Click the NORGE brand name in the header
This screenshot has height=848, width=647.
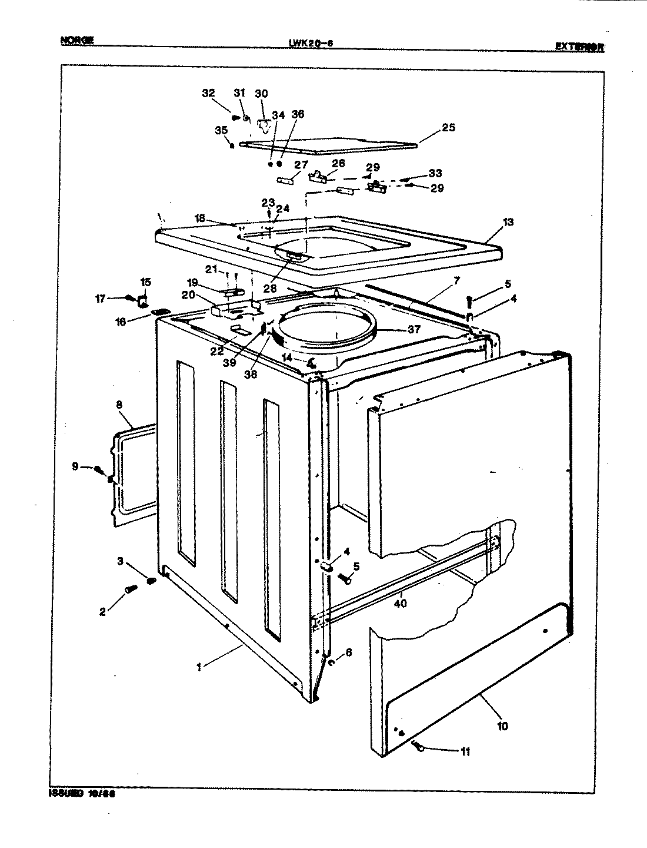pyautogui.click(x=77, y=41)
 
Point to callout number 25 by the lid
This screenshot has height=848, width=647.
pyautogui.click(x=448, y=127)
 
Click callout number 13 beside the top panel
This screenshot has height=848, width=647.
pyautogui.click(x=508, y=222)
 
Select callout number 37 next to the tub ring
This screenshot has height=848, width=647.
pyautogui.click(x=414, y=329)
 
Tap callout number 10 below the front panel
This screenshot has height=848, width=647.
pyautogui.click(x=502, y=726)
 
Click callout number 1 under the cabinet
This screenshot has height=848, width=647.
pyautogui.click(x=199, y=667)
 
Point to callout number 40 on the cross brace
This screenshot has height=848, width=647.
pyautogui.click(x=401, y=602)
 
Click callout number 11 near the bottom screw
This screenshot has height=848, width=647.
pyautogui.click(x=465, y=751)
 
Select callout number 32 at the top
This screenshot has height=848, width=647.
pyautogui.click(x=208, y=93)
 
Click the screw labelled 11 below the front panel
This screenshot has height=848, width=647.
pyautogui.click(x=419, y=747)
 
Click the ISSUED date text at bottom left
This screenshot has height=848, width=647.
pyautogui.click(x=80, y=793)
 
